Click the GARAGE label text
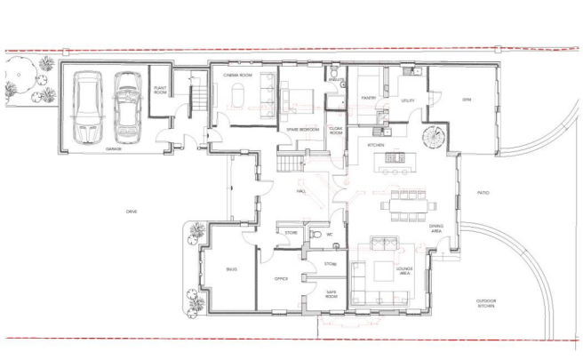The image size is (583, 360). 114,149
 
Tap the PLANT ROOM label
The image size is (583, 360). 161,90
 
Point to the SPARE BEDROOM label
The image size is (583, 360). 303,131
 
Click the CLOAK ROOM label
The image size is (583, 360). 336,131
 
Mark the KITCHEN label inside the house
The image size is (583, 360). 376,144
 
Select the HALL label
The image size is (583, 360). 301,191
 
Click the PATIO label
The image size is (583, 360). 483,192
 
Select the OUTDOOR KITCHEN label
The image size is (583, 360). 485,303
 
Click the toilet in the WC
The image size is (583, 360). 315,235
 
